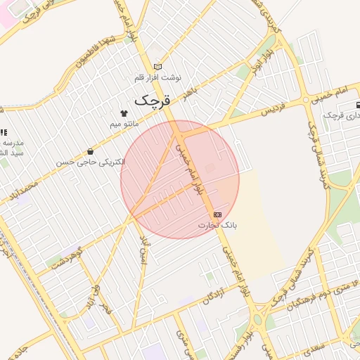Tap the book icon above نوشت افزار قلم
[x=157, y=67]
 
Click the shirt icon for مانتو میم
[x=124, y=112]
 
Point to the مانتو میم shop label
[x=124, y=124]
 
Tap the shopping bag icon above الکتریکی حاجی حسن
[x=90, y=151]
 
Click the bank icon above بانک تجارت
[x=217, y=214]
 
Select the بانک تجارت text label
[x=217, y=226]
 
